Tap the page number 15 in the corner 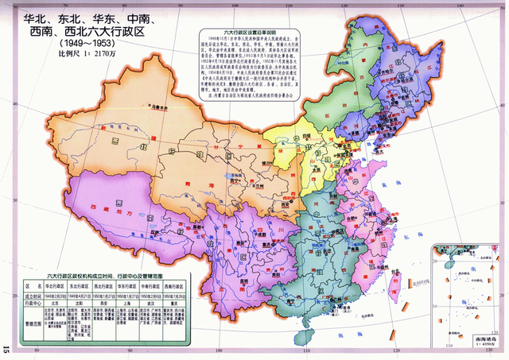(x=6, y=348)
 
